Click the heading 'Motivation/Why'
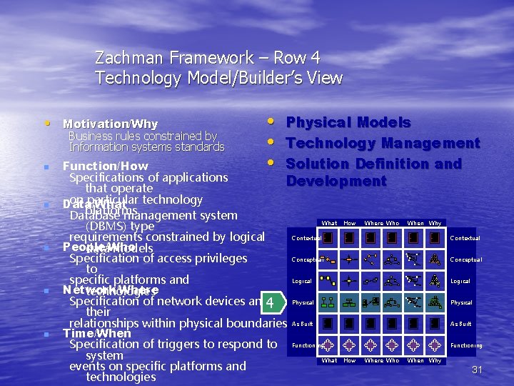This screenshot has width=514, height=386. (x=110, y=124)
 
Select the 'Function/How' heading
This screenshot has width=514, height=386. (x=105, y=166)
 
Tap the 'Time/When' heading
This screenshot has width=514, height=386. (x=97, y=333)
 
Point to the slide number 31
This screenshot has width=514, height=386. (x=478, y=370)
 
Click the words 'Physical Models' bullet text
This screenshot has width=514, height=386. (x=348, y=123)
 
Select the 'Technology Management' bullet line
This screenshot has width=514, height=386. (x=383, y=143)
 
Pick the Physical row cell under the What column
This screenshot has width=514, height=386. (x=328, y=302)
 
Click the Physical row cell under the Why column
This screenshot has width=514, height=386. (x=435, y=302)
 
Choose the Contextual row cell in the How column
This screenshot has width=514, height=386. (x=349, y=238)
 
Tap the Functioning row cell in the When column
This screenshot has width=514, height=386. (x=414, y=345)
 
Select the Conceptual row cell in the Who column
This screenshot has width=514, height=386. (x=392, y=259)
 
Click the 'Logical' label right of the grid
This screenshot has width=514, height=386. (x=460, y=281)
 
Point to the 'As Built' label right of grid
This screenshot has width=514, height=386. (x=460, y=324)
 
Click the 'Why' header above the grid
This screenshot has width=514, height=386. (x=435, y=224)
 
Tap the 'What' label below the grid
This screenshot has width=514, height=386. (x=330, y=361)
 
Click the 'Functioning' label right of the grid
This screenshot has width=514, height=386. (x=465, y=345)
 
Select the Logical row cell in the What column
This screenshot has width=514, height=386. (x=328, y=281)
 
